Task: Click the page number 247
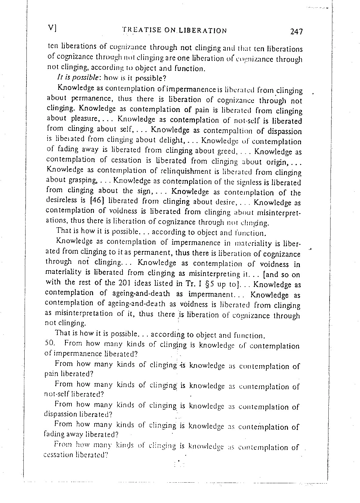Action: pos(297,31)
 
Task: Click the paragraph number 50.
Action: pos(50,343)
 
